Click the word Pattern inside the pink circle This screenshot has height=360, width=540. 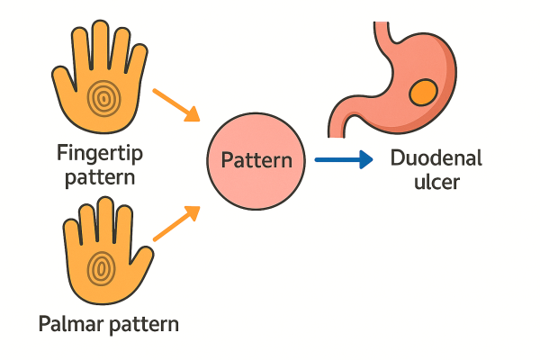tap(256, 162)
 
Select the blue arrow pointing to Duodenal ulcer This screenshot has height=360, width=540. tap(343, 161)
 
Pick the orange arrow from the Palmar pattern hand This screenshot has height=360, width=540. tap(176, 222)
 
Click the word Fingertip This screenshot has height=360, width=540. tap(99, 153)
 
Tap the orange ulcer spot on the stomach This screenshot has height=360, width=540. tap(423, 93)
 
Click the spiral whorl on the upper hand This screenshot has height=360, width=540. tap(102, 96)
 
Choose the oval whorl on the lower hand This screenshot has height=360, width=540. tap(102, 266)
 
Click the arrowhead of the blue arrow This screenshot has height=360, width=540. tap(364, 161)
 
